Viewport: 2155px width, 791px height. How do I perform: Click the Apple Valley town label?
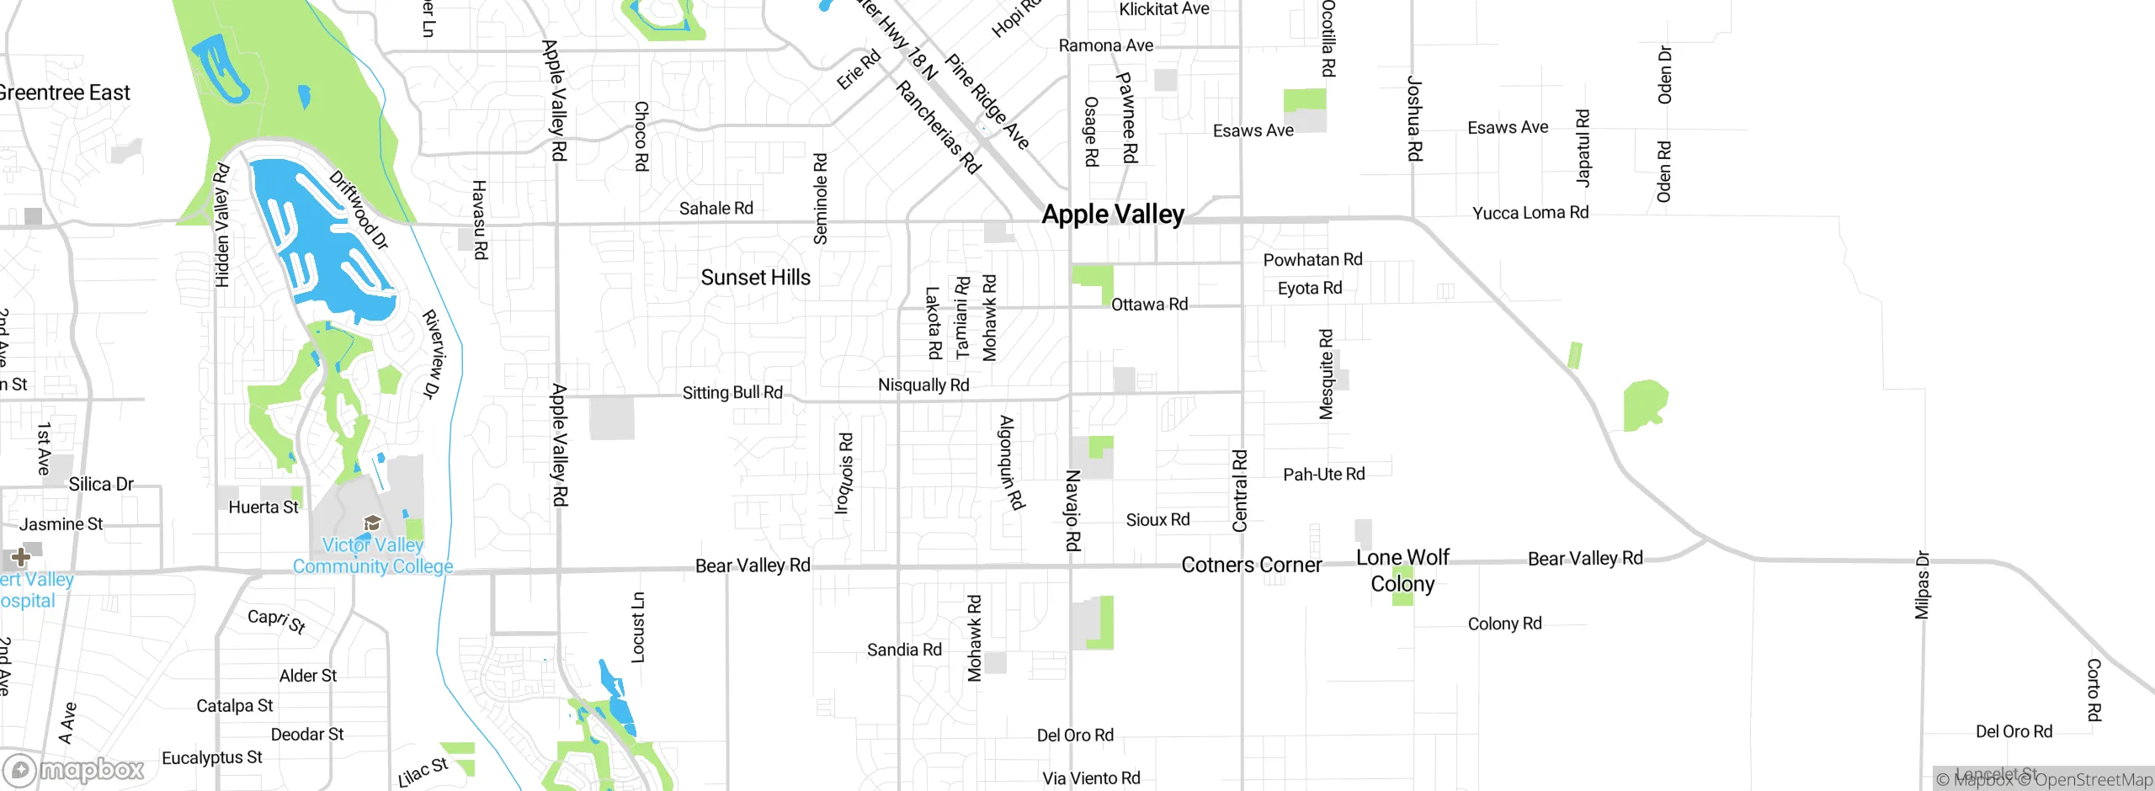tap(1113, 215)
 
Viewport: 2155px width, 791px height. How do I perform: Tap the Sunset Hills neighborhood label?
tap(755, 278)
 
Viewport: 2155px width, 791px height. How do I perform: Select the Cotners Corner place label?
tap(1251, 565)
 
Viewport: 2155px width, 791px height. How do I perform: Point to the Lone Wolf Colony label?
tap(1402, 571)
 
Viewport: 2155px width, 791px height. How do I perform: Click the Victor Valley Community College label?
tap(373, 555)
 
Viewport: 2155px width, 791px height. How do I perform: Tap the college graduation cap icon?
tap(372, 523)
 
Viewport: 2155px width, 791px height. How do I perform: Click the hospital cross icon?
tap(20, 557)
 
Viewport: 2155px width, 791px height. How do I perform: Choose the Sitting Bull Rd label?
tap(732, 392)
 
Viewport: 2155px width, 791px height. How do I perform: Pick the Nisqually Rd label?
tap(923, 385)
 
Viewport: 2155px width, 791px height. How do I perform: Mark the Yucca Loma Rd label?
tap(1530, 213)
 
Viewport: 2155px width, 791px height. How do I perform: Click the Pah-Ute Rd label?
tap(1323, 475)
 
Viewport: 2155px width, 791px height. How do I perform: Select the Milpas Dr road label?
tap(1922, 586)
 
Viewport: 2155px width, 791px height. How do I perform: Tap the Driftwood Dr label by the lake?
tap(359, 210)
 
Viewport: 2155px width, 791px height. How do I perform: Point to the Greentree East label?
tap(64, 93)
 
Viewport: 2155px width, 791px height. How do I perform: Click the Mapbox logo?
tap(74, 769)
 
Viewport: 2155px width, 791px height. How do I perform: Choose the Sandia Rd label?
tap(904, 650)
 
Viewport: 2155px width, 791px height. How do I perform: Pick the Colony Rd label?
tap(1504, 624)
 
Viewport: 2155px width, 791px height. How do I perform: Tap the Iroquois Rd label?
tap(844, 473)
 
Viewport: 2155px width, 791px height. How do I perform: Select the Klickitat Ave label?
tap(1163, 9)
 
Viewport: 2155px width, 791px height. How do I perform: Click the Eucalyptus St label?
tap(211, 758)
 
